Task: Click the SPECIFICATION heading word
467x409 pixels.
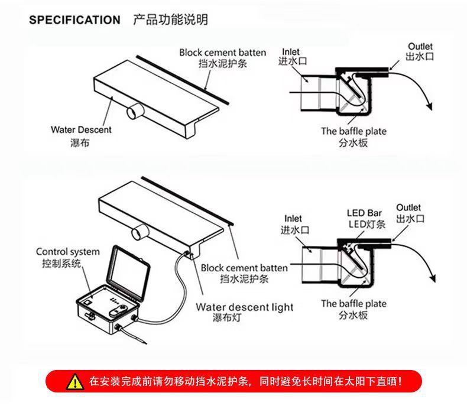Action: (x=74, y=20)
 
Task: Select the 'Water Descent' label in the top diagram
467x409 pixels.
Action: (x=80, y=130)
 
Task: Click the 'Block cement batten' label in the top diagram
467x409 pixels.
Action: (x=222, y=53)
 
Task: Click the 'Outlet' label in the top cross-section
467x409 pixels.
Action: (x=420, y=46)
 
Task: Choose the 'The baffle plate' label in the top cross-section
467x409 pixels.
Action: (x=354, y=131)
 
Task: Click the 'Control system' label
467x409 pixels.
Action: (x=68, y=252)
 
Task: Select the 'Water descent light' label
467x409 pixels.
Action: (x=245, y=307)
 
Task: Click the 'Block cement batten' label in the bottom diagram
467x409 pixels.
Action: (x=244, y=268)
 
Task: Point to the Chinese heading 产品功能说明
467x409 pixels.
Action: (x=170, y=20)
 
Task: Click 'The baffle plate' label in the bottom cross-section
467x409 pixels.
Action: (x=354, y=304)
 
